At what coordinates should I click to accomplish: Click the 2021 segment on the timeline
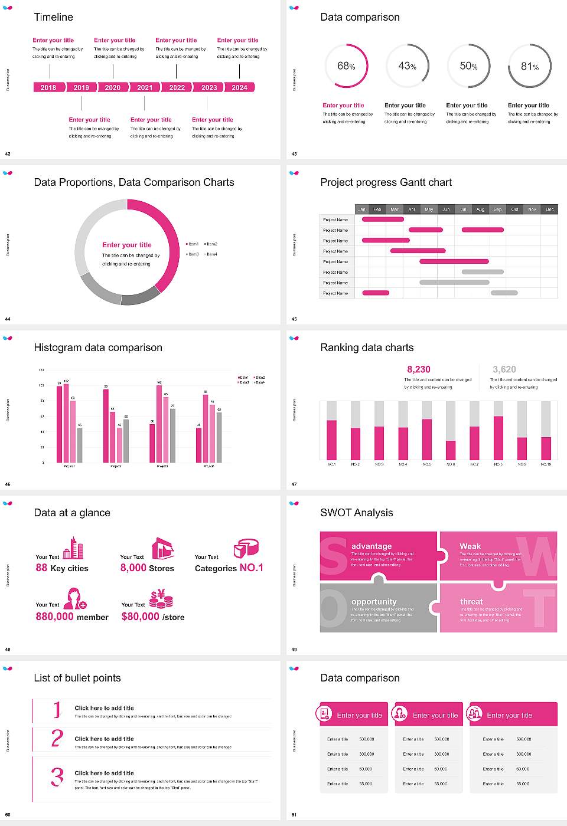point(145,87)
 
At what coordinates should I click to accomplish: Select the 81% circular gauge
point(530,66)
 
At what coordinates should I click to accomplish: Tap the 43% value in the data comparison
point(407,66)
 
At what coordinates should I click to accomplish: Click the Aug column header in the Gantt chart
point(480,209)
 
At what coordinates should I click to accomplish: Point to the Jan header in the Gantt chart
point(361,209)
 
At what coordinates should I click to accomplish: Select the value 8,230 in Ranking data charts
point(419,369)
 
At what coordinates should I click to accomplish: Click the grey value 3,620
point(504,369)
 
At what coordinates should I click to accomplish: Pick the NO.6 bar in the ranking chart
point(451,450)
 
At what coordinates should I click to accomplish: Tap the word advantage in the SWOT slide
point(372,546)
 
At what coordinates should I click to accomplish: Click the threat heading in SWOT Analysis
point(471,602)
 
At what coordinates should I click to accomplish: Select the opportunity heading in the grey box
point(374,602)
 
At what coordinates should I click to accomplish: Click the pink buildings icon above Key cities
point(73,548)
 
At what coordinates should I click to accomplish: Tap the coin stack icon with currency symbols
point(161,599)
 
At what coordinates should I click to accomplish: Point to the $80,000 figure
point(141,617)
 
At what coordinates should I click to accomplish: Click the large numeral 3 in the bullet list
point(57,776)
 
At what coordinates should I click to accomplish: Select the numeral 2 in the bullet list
point(57,738)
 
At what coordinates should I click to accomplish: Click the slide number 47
point(294,484)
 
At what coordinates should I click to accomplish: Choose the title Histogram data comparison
point(98,348)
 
